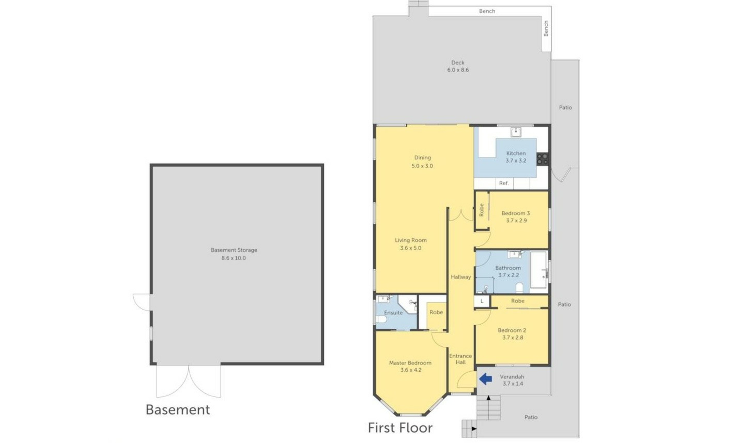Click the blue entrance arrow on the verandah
click(x=485, y=379)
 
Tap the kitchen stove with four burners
click(x=543, y=159)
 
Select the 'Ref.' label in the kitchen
click(x=504, y=183)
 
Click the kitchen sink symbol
click(x=516, y=132)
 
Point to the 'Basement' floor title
click(x=178, y=409)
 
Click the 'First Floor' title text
click(x=400, y=428)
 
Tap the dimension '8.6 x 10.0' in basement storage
click(x=234, y=258)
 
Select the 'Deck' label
click(x=458, y=62)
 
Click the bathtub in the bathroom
click(x=538, y=270)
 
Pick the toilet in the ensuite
click(x=381, y=320)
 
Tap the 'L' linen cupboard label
click(x=482, y=301)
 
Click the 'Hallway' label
click(x=461, y=277)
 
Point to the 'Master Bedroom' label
click(x=410, y=363)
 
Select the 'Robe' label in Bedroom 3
click(x=481, y=210)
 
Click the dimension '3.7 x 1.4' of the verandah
click(x=513, y=384)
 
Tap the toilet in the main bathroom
click(x=519, y=287)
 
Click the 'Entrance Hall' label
click(x=461, y=359)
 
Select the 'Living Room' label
click(x=411, y=240)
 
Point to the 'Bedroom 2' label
click(x=512, y=330)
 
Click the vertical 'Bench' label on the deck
click(x=546, y=29)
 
